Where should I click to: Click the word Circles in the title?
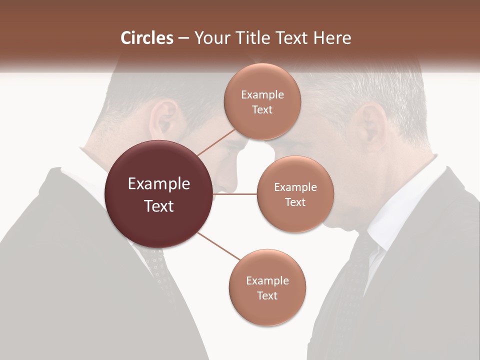coord(146,38)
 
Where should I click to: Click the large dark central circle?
coord(159,194)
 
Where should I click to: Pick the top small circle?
coord(262,101)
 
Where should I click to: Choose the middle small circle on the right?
coord(295,194)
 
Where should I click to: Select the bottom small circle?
coord(267,288)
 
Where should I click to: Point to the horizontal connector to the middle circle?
coord(235,194)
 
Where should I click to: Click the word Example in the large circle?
coord(159,184)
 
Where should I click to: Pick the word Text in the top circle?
coord(262,109)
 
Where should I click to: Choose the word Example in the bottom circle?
coord(267,280)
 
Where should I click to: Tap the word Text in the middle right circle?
coord(295,202)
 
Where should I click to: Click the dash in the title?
coord(183,38)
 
